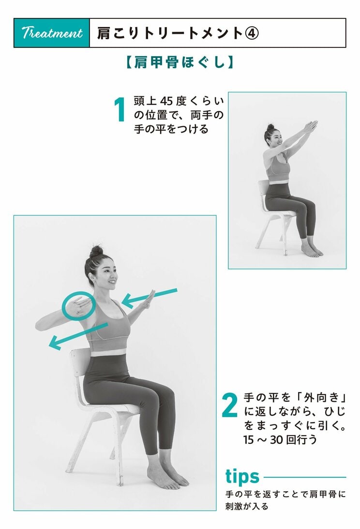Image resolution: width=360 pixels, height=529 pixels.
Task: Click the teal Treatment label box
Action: coord(52,33)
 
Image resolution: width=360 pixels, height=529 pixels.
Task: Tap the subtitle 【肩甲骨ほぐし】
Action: coord(180,62)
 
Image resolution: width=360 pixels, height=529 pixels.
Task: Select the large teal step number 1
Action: coord(121,110)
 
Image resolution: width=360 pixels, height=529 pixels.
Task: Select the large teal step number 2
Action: coord(229,406)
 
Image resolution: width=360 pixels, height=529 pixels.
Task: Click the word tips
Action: coord(242,476)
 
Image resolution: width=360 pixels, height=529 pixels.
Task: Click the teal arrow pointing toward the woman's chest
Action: coord(150,298)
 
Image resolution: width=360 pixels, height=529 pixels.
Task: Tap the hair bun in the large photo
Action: coord(96,252)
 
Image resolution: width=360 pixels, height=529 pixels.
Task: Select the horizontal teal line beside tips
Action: coord(305,477)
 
